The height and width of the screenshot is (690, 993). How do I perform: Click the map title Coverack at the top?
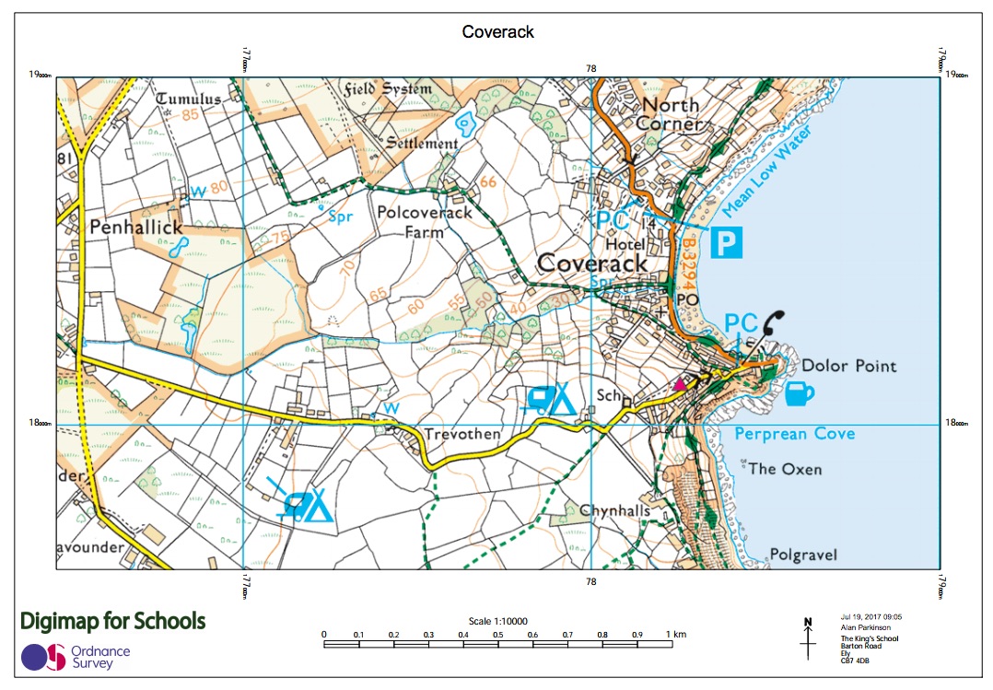pos(497,32)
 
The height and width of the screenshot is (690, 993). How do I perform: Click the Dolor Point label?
pos(848,366)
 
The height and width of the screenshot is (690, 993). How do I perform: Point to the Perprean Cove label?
pos(794,433)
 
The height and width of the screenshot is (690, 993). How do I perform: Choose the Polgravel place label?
pos(803,555)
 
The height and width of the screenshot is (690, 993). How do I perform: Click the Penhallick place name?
pos(136,226)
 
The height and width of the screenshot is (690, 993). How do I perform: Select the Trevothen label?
pos(461,434)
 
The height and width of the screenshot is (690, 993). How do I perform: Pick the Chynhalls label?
pos(615,510)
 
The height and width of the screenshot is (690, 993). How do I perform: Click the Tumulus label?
pos(189,99)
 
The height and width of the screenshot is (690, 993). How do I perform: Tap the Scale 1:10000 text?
pos(496,620)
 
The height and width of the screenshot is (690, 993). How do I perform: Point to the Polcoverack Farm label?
pos(425,222)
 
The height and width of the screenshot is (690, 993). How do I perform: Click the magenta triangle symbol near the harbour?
pos(681,384)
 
